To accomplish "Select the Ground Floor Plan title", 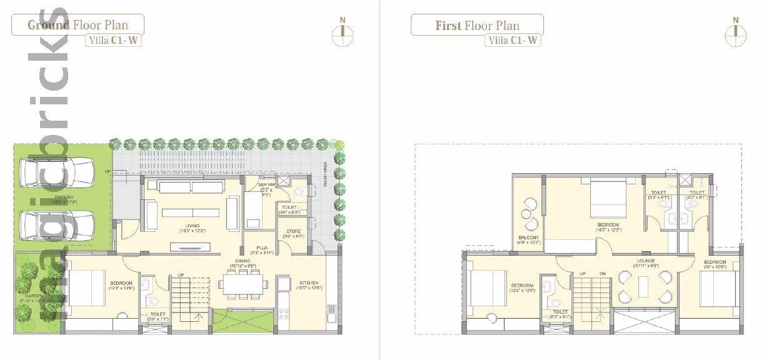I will pos(78,25).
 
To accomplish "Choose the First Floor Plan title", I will pos(477,26).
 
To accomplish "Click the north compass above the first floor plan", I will pos(736,31).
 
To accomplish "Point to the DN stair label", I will pos(602,274).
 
